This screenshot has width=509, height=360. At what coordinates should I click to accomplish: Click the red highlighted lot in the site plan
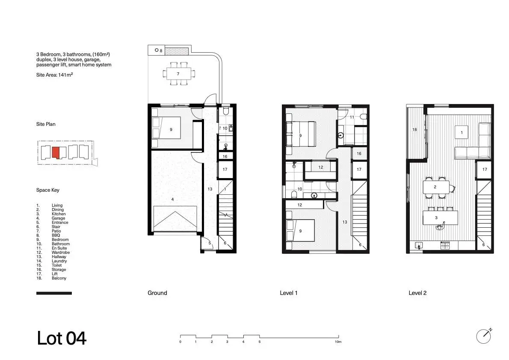56,152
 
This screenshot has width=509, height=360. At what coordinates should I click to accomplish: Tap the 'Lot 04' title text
62,338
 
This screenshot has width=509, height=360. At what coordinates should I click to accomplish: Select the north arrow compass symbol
484,336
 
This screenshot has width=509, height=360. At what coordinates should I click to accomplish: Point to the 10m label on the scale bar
338,342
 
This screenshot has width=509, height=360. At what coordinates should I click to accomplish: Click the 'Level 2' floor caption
417,293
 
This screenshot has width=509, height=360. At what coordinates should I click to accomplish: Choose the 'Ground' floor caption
157,293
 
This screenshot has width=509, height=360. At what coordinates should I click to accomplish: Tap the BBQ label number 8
161,51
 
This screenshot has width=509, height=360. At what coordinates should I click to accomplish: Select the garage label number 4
172,199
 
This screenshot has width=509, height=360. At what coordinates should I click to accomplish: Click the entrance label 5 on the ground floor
210,243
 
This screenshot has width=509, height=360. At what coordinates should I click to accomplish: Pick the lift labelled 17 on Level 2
484,169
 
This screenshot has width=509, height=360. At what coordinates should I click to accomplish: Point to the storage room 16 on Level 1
359,154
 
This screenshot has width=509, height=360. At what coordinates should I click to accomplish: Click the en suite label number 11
352,117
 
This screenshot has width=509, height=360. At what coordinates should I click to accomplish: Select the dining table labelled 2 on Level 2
436,187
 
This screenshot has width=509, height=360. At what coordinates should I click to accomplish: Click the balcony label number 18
414,130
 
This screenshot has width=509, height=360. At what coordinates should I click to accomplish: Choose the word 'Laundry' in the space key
59,261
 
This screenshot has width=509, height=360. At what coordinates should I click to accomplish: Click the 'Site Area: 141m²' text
55,75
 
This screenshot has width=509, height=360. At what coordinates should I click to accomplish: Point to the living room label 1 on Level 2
462,133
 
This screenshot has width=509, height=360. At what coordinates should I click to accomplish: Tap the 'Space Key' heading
48,190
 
